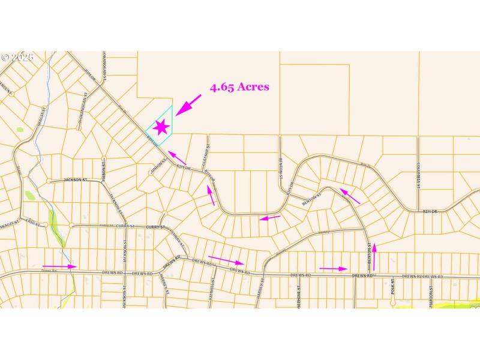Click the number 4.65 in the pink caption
(222, 87)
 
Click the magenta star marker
(161, 127)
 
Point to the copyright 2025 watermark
(17, 58)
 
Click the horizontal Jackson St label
(76, 179)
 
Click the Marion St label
(431, 293)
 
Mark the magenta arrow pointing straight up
(374, 257)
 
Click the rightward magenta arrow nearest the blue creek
(60, 266)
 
